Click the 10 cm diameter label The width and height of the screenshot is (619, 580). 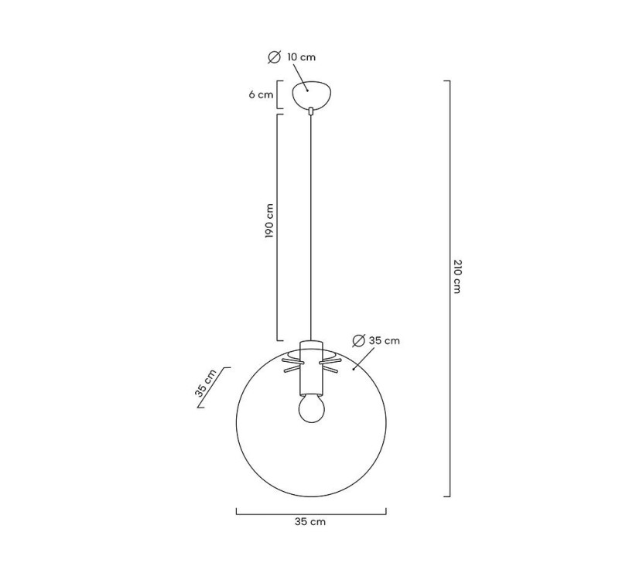coord(301,57)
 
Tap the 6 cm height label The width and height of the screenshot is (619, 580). coord(261,94)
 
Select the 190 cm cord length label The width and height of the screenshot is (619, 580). coord(269,221)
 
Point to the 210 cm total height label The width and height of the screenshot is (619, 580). coord(457,276)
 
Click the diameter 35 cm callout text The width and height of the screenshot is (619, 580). coord(384,340)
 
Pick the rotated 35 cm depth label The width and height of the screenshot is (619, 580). coord(206,383)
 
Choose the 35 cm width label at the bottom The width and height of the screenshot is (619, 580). coord(310,522)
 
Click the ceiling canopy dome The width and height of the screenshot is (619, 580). coord(312,94)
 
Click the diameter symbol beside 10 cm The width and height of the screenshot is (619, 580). coord(275,57)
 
